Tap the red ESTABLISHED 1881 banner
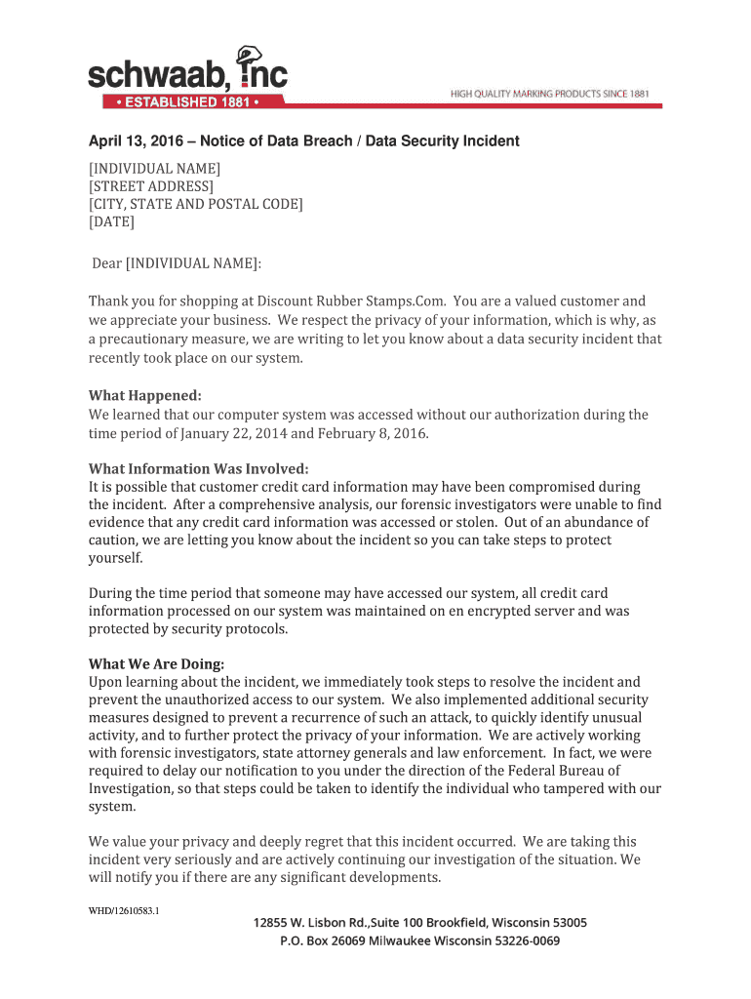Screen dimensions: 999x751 (181, 101)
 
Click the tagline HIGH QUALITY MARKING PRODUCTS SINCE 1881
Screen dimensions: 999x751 (549, 94)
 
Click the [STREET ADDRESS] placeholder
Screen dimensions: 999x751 (151, 186)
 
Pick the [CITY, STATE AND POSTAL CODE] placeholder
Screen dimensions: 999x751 (196, 204)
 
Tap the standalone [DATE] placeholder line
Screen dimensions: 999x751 (111, 221)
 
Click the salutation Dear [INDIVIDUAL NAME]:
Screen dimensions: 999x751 (177, 263)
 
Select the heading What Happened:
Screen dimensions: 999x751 (145, 395)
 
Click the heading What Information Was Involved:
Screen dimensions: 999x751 (199, 468)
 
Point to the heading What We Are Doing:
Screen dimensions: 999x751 (156, 664)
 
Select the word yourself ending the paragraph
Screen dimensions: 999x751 (115, 558)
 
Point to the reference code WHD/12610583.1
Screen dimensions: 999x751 (124, 911)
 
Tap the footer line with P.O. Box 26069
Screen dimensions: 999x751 (419, 941)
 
